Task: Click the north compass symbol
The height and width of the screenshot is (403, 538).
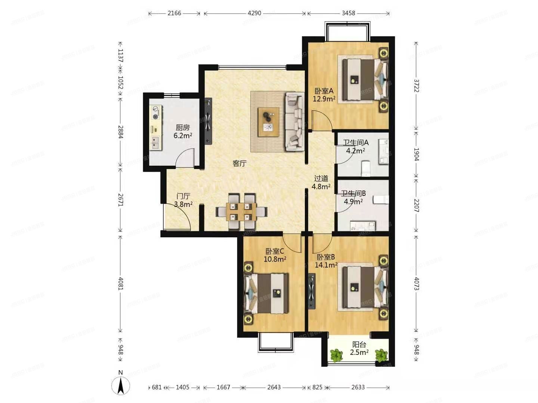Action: click(x=121, y=385)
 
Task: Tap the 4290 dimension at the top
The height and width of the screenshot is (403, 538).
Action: click(x=254, y=13)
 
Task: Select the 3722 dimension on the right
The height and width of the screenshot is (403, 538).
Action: click(x=416, y=86)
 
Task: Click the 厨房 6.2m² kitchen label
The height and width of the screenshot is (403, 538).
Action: click(x=183, y=131)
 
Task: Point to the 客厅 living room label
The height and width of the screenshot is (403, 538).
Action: click(x=239, y=163)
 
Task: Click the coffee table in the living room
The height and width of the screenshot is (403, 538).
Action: click(x=268, y=122)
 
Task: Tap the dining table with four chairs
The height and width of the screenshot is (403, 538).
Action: click(x=241, y=212)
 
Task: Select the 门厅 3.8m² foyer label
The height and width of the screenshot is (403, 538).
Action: click(x=183, y=200)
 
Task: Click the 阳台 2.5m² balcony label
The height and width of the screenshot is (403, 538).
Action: click(x=359, y=349)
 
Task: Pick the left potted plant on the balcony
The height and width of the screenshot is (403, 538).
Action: click(x=337, y=355)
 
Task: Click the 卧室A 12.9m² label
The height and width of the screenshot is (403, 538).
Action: click(x=324, y=95)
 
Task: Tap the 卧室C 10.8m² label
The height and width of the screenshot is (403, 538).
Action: click(x=275, y=255)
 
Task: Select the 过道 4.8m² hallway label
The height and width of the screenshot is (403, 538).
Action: click(x=321, y=182)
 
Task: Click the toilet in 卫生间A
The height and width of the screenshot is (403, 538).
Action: click(x=366, y=168)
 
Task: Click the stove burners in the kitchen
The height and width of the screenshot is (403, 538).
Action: click(x=155, y=112)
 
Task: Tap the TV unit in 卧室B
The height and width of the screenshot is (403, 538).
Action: click(x=311, y=291)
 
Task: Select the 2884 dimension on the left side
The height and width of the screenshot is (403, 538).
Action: click(x=120, y=132)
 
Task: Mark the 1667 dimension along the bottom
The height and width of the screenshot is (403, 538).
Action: click(x=223, y=387)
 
